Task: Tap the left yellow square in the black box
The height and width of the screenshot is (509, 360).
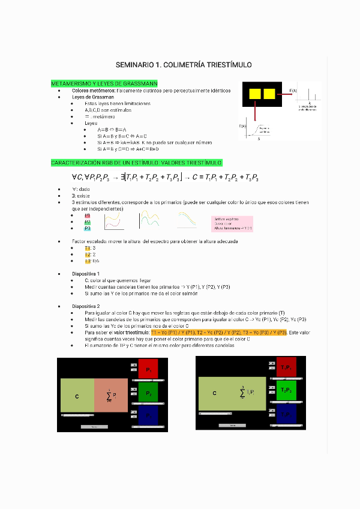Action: (x=254, y=94)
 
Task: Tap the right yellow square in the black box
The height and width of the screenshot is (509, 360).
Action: (x=269, y=94)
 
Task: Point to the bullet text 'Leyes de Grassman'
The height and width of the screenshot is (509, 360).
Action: (x=93, y=97)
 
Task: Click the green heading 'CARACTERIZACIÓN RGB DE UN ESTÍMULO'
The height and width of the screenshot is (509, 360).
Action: (x=136, y=163)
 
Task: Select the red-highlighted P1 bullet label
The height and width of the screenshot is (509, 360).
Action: (x=88, y=215)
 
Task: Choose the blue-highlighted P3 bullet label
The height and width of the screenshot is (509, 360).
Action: (x=88, y=228)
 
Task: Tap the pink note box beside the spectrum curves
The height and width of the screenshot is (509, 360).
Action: (x=232, y=224)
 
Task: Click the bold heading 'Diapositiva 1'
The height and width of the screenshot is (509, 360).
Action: (x=86, y=274)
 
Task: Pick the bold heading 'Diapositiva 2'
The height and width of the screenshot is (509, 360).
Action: (x=86, y=306)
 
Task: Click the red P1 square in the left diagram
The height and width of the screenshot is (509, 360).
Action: (x=148, y=370)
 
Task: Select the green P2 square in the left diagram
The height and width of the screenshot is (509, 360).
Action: (x=148, y=393)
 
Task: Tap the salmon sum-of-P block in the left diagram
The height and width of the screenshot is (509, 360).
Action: (x=111, y=396)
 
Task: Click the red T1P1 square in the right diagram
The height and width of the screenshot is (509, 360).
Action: (x=286, y=367)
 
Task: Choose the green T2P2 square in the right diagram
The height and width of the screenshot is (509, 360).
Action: (x=286, y=390)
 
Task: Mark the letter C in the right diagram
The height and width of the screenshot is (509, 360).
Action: (x=214, y=393)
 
